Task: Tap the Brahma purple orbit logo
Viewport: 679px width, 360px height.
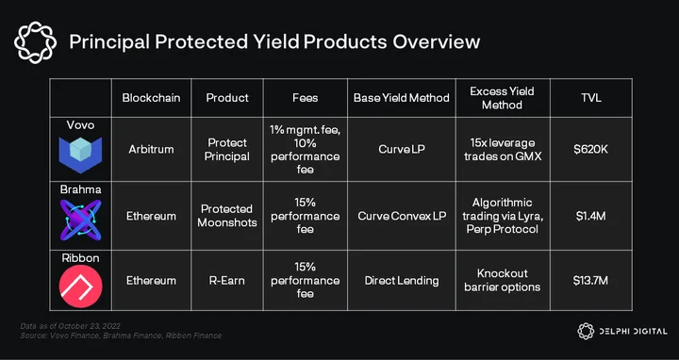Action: click(x=80, y=220)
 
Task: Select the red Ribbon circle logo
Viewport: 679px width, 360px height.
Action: click(x=80, y=286)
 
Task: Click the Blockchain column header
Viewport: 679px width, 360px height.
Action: click(x=151, y=98)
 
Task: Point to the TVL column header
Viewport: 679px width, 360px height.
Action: click(x=591, y=98)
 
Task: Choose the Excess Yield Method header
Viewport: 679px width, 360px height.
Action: click(x=503, y=98)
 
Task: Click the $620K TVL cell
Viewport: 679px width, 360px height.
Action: click(x=590, y=149)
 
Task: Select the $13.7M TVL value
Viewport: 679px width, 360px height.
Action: click(x=590, y=281)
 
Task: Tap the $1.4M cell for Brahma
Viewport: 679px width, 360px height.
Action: click(x=590, y=216)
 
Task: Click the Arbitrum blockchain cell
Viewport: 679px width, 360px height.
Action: click(x=151, y=149)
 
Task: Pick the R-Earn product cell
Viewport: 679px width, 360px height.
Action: click(x=227, y=281)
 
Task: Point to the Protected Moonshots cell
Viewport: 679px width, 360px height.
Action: click(x=227, y=216)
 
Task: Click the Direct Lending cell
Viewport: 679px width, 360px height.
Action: click(x=402, y=281)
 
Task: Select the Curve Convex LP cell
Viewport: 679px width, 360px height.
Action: click(x=402, y=216)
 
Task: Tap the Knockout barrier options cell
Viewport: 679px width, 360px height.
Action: click(x=503, y=280)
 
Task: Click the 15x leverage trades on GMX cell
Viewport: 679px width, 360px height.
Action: click(x=503, y=149)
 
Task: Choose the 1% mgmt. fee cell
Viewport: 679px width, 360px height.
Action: click(x=305, y=149)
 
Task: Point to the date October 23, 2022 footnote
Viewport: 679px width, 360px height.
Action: click(x=90, y=326)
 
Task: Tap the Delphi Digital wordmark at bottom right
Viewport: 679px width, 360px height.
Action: click(x=633, y=332)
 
